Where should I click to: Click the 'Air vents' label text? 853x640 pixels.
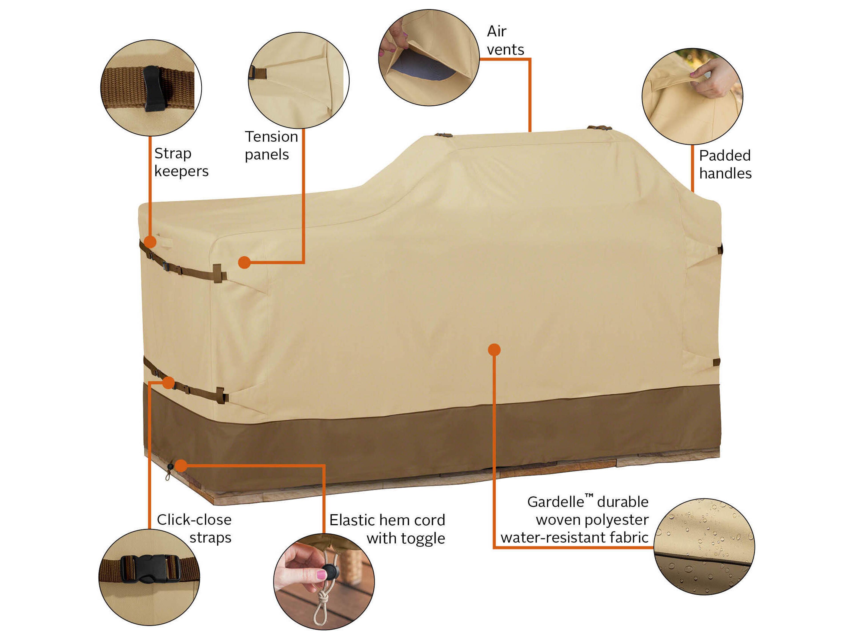[505, 40]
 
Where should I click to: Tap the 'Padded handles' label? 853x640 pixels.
[725, 165]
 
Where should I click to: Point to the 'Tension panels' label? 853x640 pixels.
[271, 145]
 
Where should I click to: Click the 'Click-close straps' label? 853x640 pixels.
[194, 528]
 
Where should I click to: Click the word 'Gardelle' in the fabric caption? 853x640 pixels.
[555, 502]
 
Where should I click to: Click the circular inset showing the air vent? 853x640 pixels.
[428, 58]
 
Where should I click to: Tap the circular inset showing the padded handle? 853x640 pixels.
[692, 96]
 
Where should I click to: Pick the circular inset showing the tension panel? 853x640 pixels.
[298, 80]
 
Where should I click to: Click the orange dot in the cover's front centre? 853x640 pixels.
[494, 350]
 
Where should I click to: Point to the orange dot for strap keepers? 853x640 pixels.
[150, 242]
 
